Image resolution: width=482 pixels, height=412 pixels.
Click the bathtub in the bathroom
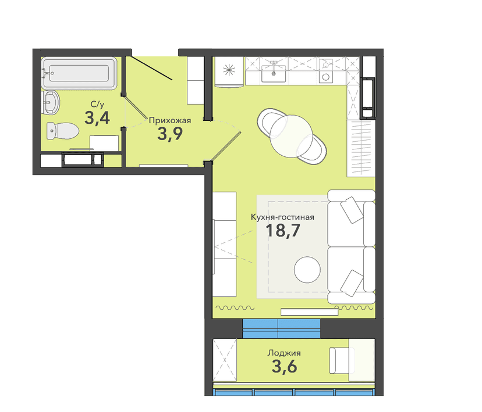click(x=79, y=73)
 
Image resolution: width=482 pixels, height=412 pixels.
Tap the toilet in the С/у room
click(x=62, y=131)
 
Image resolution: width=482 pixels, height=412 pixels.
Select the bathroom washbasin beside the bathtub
click(x=50, y=102)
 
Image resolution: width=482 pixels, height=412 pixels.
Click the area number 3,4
click(x=97, y=118)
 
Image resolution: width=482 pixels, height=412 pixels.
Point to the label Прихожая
click(x=169, y=120)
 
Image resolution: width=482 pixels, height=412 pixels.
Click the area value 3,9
click(x=170, y=134)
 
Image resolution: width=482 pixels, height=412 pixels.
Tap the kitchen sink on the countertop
click(x=274, y=73)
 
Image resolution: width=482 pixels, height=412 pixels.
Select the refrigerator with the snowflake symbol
click(x=229, y=71)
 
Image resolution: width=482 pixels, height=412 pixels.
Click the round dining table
click(x=291, y=136)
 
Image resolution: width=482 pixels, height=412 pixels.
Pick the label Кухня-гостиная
click(x=282, y=217)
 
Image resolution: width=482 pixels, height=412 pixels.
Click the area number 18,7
click(x=283, y=231)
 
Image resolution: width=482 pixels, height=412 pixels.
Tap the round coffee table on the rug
click(x=307, y=270)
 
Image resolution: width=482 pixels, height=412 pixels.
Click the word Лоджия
click(x=284, y=353)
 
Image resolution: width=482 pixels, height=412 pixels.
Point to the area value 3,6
click(x=284, y=366)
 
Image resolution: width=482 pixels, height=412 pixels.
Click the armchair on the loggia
click(x=342, y=360)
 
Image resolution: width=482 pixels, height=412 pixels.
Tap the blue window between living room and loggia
click(x=281, y=328)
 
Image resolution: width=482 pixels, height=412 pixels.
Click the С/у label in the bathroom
click(x=97, y=105)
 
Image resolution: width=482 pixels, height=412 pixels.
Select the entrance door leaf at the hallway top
click(x=151, y=68)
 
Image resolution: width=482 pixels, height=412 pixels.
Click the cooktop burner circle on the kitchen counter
click(x=326, y=77)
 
